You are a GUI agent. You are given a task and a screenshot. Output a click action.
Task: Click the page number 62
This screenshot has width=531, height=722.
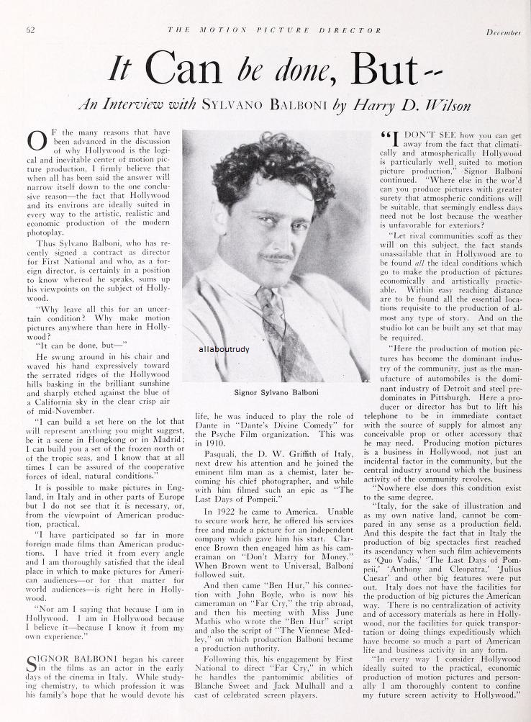[x=31, y=30]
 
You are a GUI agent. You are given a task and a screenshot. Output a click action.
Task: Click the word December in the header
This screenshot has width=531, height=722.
[x=504, y=32]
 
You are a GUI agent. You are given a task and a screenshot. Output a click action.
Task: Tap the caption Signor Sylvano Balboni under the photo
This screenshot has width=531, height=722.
[x=276, y=393]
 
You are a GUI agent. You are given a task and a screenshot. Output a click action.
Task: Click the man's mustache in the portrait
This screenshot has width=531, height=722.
[x=277, y=256]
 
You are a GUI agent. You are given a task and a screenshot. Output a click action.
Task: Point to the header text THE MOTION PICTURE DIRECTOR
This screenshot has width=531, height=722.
[x=275, y=31]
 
